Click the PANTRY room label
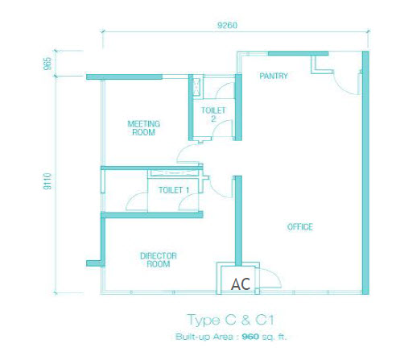coord(274,76)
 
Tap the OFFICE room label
coord(300,227)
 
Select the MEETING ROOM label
coord(144,128)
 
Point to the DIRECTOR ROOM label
coord(159,260)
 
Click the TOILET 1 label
coord(174,190)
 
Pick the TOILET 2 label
coord(213,114)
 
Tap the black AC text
coord(241,284)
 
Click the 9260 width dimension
coord(227,26)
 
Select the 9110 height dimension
coord(47,181)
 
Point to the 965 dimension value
coord(47,64)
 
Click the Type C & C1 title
coord(231,320)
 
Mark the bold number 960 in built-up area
coord(250,337)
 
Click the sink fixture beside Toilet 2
coord(197,87)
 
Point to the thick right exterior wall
coord(365,172)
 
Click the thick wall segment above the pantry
coord(299,54)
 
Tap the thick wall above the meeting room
coord(124,77)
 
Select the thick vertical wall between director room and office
coord(238,221)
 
